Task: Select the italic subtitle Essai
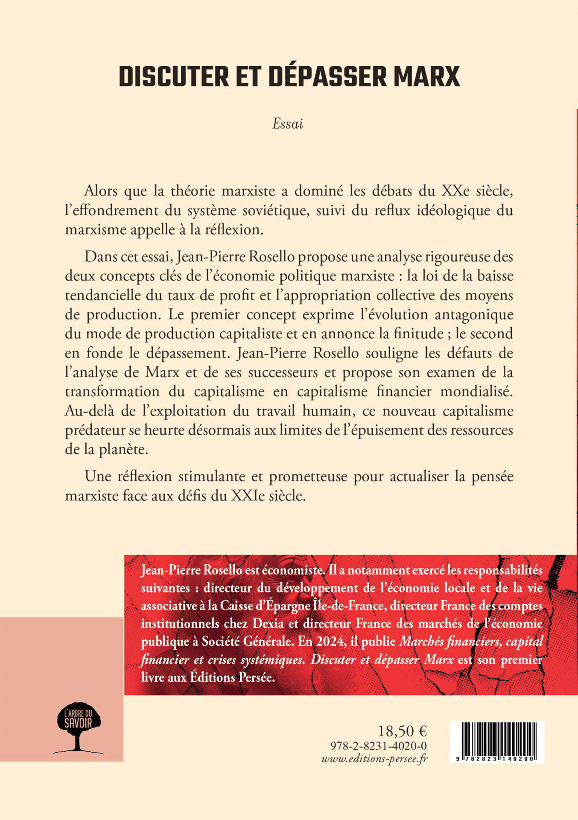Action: tap(288, 124)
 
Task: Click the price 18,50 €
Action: tap(403, 731)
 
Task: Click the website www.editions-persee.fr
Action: tap(374, 758)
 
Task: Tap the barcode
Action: tap(497, 742)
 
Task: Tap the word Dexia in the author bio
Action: tap(268, 624)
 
